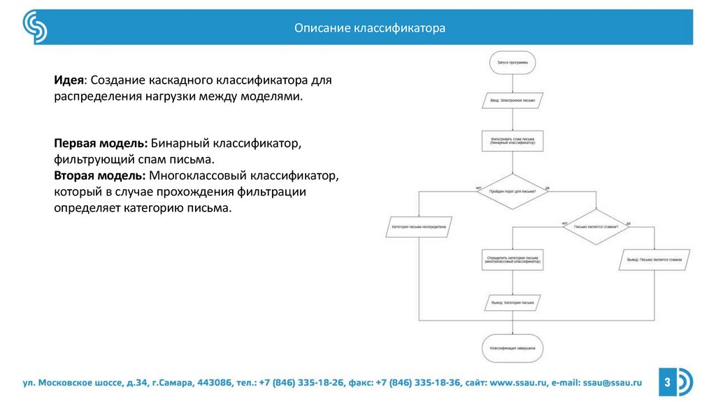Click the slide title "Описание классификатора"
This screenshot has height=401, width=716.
coord(369,29)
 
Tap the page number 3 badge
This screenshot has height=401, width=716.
coord(667,382)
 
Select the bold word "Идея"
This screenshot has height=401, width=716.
coord(70,80)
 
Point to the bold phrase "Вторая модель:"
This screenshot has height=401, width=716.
coord(99,175)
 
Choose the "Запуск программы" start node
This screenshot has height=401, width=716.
coord(513,61)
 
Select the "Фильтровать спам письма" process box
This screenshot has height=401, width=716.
coord(513,140)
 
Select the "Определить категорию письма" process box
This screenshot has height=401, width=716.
coord(513,259)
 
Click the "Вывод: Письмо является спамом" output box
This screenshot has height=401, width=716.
coord(654,259)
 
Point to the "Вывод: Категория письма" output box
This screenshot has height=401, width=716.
coord(513,303)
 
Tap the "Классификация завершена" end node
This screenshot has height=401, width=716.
coord(513,347)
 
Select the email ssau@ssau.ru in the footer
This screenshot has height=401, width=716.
coord(613,383)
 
